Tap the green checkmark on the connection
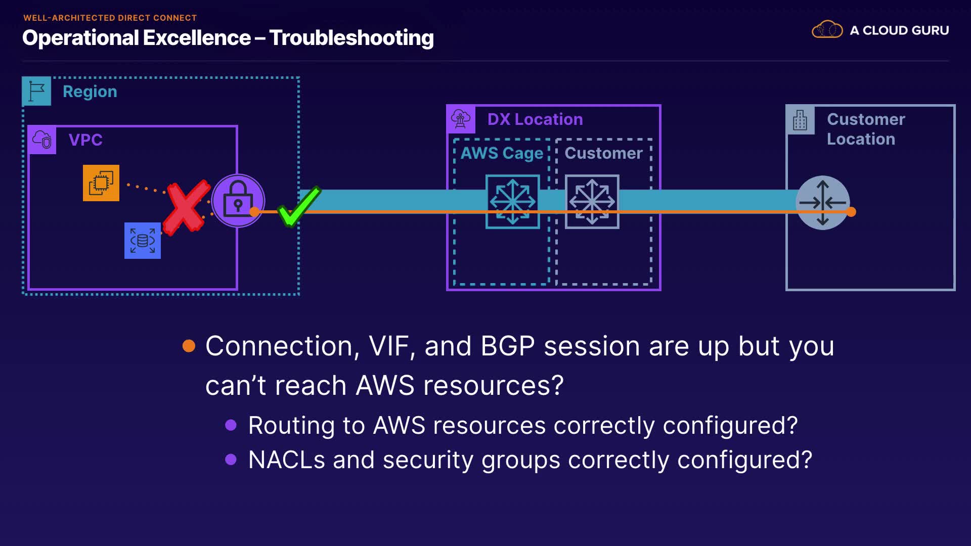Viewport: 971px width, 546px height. tap(298, 207)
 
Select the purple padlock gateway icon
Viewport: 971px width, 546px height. tap(238, 200)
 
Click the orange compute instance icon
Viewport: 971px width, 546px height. tap(101, 183)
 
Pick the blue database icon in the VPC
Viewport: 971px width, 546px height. tap(143, 241)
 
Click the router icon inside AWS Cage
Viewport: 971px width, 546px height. tap(512, 201)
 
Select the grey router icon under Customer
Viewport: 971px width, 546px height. tap(592, 201)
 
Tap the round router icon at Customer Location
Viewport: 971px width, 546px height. tap(822, 202)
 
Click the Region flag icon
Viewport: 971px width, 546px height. tap(36, 91)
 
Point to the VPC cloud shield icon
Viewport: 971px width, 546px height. tap(42, 140)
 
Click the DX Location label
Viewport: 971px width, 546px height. tap(535, 119)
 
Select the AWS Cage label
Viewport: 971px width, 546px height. tap(502, 153)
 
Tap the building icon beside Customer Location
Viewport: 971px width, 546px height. tap(800, 120)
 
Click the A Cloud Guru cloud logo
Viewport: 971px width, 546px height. tap(827, 30)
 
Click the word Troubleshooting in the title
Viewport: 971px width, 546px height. tap(351, 38)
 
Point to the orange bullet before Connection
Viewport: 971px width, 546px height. tap(189, 346)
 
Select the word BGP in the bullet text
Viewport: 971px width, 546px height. tap(507, 346)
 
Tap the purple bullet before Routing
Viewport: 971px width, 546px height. tap(231, 425)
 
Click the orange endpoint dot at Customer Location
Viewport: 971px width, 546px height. tap(851, 212)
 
